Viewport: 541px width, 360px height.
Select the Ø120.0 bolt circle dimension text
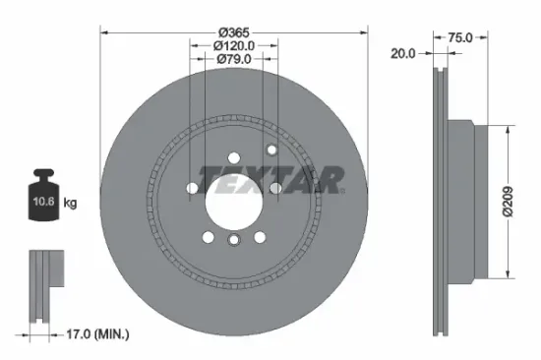(x=234, y=45)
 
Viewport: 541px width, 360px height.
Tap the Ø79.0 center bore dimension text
(x=234, y=60)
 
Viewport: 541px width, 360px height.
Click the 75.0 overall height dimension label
(x=460, y=37)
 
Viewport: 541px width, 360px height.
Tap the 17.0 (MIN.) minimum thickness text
(x=90, y=334)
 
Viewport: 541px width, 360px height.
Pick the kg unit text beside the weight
(x=70, y=204)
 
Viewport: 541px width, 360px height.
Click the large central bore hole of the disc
(x=233, y=196)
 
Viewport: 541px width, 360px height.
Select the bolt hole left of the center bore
(x=191, y=188)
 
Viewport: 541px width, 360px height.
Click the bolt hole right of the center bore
(x=276, y=188)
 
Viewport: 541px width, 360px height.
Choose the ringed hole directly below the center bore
(x=233, y=240)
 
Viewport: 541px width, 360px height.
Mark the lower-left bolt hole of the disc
(x=207, y=235)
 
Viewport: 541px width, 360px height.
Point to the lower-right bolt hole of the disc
(x=260, y=235)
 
